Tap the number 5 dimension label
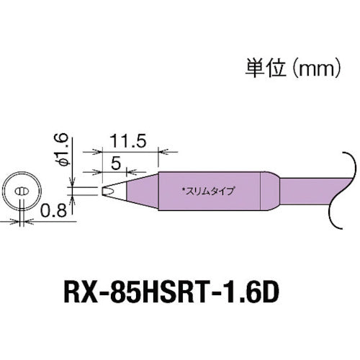[115, 163]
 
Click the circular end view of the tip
[23, 192]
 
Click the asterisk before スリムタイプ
[184, 190]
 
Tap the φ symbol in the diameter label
[64, 161]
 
